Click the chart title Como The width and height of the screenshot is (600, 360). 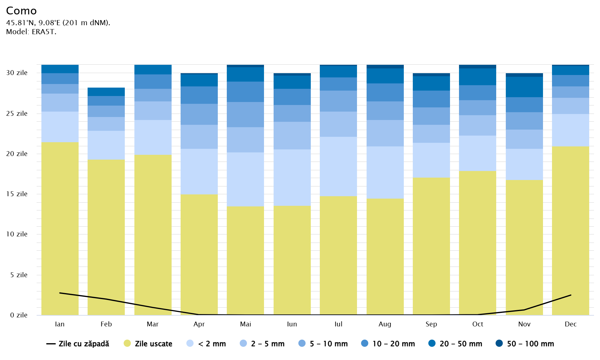click(21, 11)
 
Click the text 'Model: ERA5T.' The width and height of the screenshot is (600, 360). click(31, 32)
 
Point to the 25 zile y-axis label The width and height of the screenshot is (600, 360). click(17, 113)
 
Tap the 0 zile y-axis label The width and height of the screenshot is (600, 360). click(19, 315)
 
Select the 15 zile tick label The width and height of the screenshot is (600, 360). click(17, 194)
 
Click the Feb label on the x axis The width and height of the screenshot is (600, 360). click(106, 324)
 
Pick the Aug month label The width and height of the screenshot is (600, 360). click(385, 324)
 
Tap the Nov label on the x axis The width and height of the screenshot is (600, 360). click(524, 324)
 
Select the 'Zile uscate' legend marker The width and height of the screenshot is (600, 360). click(127, 343)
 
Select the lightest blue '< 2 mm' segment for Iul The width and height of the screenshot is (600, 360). click(338, 166)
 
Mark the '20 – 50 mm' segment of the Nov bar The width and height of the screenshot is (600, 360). click(524, 87)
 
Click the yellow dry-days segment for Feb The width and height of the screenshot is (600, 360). click(106, 237)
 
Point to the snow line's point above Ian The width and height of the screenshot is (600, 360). click(60, 293)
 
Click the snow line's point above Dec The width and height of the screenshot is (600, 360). click(571, 295)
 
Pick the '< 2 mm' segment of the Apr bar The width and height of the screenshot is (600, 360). click(199, 172)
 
